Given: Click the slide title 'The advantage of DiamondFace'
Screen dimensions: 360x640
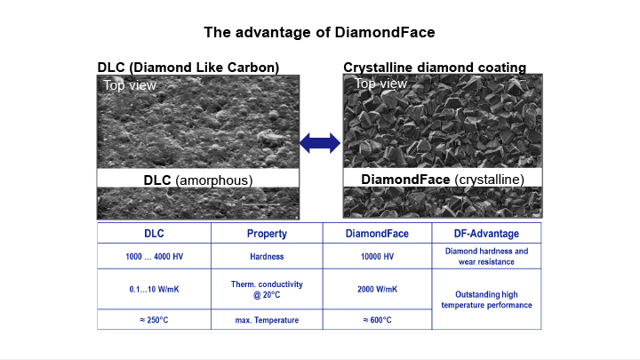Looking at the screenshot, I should click(319, 33).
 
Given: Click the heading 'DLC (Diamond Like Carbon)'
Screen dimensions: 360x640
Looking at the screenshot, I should click(188, 68).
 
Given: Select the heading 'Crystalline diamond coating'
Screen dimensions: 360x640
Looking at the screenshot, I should click(434, 68).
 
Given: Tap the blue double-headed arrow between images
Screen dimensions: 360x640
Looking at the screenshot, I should click(319, 142).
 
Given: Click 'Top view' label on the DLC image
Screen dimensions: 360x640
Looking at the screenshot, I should click(130, 85).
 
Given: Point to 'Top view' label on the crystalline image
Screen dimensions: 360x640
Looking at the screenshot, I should click(380, 84).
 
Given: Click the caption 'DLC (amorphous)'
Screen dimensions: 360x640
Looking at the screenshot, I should click(198, 180).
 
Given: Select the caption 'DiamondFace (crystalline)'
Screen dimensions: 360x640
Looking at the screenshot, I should click(442, 180).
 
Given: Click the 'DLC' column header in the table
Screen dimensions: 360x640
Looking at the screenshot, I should click(154, 233).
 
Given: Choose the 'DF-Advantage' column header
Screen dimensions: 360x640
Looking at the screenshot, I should click(485, 233).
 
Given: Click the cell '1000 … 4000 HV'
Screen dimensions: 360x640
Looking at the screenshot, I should click(154, 256).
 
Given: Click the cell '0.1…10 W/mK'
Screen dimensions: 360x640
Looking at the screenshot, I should click(154, 289).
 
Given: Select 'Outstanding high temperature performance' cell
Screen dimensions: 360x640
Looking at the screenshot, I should click(485, 300).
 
